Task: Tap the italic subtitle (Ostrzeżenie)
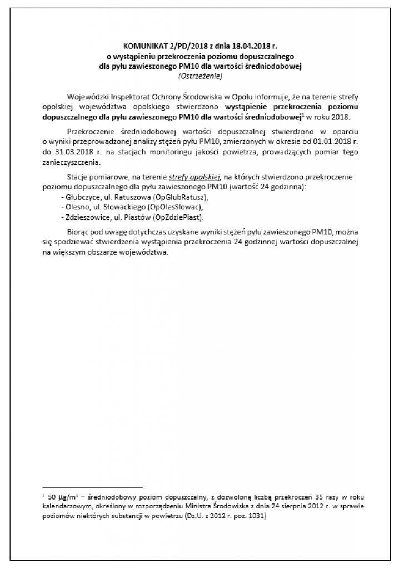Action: coord(199,76)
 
